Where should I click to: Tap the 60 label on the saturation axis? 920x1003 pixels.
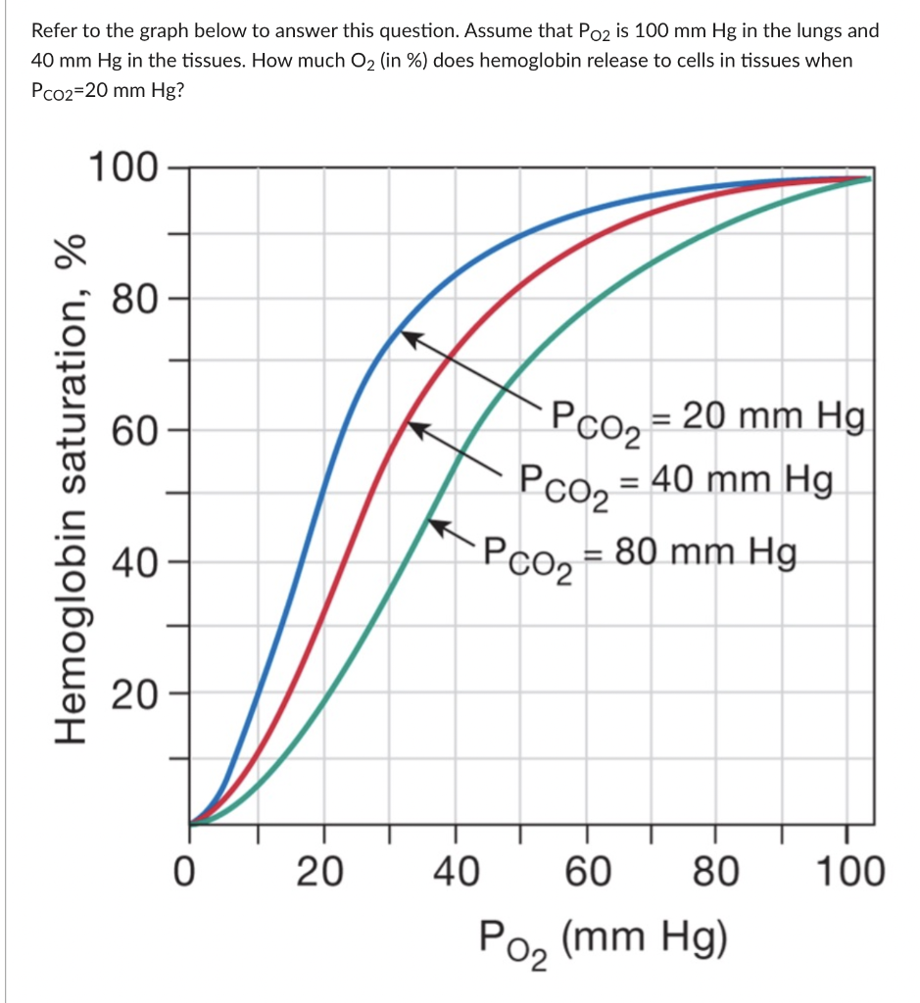[131, 431]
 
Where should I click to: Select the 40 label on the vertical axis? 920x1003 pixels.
[131, 563]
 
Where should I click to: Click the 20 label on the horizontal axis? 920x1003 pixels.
[320, 871]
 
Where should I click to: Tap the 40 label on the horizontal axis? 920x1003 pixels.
[455, 871]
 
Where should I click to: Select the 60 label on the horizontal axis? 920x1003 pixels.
[587, 871]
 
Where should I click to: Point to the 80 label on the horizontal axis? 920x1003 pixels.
[718, 871]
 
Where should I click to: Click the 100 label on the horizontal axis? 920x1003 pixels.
[847, 871]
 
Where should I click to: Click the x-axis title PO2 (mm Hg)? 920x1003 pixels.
[603, 940]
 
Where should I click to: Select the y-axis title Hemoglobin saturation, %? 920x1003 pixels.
[74, 490]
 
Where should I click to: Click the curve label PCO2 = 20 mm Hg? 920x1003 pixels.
[707, 420]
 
